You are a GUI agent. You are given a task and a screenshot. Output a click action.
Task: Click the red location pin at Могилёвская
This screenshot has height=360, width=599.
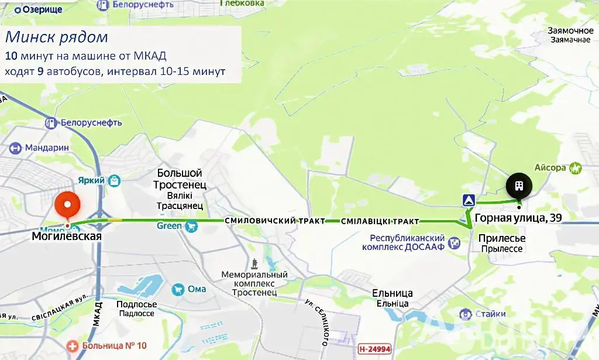click(x=67, y=205)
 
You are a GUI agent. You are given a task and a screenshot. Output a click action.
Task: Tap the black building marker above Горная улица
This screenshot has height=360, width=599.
click(x=519, y=187)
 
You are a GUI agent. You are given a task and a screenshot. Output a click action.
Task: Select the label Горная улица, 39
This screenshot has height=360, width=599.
click(x=518, y=218)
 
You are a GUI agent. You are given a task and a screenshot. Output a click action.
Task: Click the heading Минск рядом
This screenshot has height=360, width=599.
click(x=57, y=37)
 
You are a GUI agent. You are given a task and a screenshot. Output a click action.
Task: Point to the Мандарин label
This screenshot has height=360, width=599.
click(x=47, y=148)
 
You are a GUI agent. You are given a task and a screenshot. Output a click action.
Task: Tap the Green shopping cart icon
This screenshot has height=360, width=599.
click(x=190, y=226)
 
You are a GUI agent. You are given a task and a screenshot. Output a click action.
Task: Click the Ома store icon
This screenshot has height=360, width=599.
click(x=177, y=289)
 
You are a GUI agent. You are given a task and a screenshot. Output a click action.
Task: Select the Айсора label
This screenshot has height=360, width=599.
click(x=550, y=168)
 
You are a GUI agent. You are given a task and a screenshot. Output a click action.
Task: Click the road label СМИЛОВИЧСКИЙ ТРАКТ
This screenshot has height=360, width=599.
click(x=274, y=221)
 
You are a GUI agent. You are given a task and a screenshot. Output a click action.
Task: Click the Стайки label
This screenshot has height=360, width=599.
click(x=490, y=314)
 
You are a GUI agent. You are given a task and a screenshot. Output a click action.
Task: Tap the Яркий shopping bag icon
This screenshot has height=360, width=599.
click(x=115, y=180)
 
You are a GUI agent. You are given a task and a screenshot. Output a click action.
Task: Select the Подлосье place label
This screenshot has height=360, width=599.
click(x=137, y=304)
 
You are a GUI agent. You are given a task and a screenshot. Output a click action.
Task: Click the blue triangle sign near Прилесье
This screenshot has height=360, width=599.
click(x=469, y=200)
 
